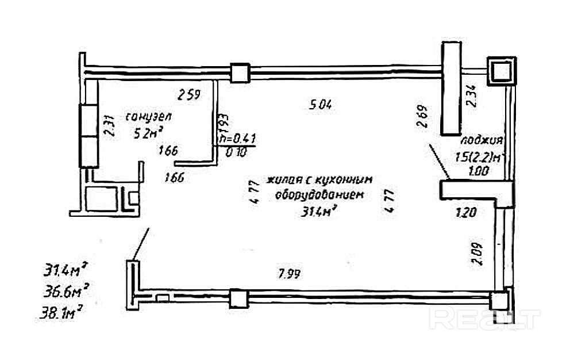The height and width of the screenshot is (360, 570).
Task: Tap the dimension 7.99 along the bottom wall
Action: [290, 273]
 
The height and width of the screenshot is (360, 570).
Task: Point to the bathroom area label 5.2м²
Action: [148, 134]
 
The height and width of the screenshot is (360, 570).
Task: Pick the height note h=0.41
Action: [238, 139]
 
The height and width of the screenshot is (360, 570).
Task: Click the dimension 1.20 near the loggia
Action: [465, 213]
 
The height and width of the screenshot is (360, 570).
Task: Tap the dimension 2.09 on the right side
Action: [476, 253]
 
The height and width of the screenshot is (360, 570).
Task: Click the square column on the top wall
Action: [239, 72]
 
